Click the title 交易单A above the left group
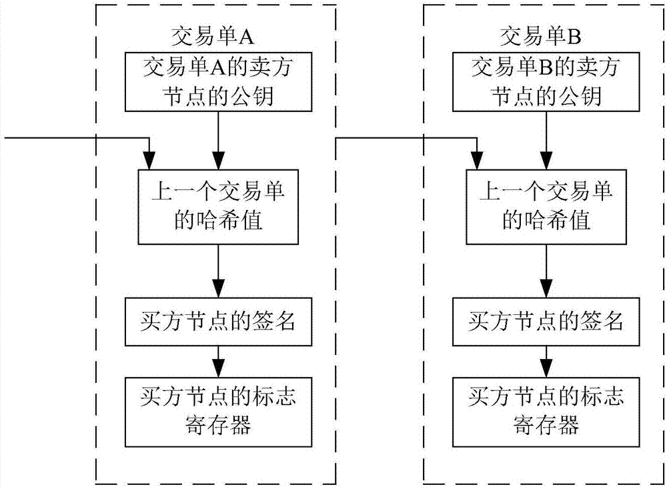(x=213, y=37)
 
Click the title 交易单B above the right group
(x=540, y=37)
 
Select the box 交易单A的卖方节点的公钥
(x=218, y=81)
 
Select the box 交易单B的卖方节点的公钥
(x=546, y=81)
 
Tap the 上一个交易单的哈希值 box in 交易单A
(x=218, y=207)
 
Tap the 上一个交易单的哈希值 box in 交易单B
(x=546, y=207)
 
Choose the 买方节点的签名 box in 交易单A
(x=218, y=322)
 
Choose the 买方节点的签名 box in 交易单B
(x=546, y=322)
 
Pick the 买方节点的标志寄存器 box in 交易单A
(x=218, y=412)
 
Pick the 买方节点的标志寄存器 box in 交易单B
(x=546, y=412)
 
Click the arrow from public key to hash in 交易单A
(x=218, y=140)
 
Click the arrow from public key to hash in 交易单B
(x=546, y=140)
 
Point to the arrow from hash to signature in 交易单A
(x=218, y=271)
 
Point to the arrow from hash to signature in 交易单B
(x=546, y=271)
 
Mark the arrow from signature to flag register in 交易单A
(x=218, y=362)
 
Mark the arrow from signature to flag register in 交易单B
(x=546, y=362)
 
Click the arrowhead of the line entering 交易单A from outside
(x=149, y=161)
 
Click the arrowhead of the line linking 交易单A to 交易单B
(x=478, y=161)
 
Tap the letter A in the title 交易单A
(x=247, y=37)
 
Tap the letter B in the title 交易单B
(x=574, y=37)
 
